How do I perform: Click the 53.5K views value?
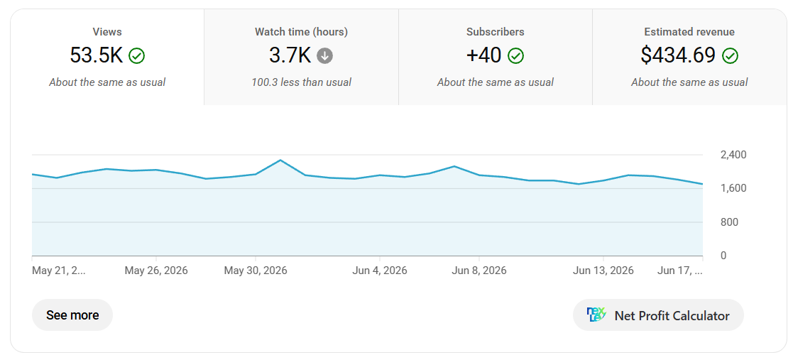[96, 55]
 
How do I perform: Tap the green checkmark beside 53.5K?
[136, 55]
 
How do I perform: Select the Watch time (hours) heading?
[302, 32]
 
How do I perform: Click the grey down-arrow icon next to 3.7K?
[324, 55]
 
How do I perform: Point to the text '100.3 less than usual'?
[302, 82]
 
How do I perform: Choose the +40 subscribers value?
[483, 55]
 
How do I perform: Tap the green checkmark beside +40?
[515, 55]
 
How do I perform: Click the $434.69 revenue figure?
[678, 55]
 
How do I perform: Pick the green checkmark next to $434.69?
[730, 55]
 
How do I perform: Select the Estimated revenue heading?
[689, 32]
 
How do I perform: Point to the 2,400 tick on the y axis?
[733, 155]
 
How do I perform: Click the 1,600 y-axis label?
[733, 188]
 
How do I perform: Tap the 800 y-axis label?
[730, 222]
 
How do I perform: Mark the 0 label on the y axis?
[723, 256]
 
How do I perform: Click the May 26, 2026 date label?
[155, 271]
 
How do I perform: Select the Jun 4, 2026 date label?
[379, 271]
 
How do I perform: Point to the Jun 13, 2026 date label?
[603, 271]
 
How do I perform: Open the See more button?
[72, 315]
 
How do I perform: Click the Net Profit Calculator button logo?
[596, 315]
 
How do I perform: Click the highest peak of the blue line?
[280, 160]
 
